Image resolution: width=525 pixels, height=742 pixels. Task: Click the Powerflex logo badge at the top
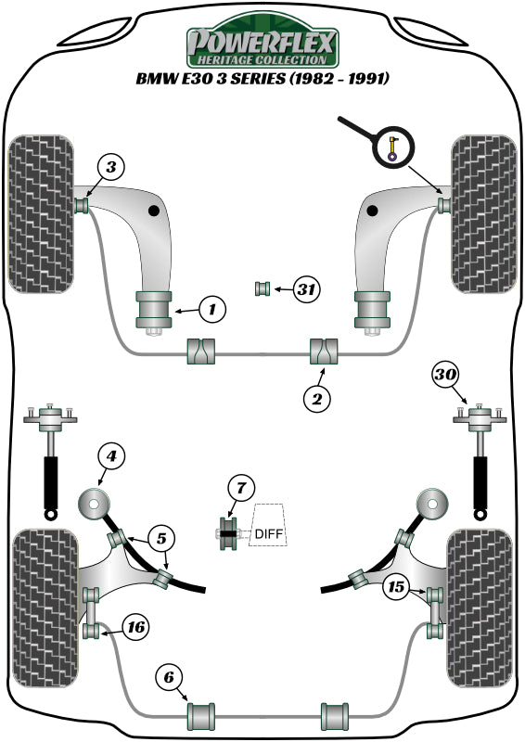pos(262,42)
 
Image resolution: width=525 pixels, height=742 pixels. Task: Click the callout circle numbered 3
pos(110,168)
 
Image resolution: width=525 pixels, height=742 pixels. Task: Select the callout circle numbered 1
pos(211,307)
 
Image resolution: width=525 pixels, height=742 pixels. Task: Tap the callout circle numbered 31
pos(305,290)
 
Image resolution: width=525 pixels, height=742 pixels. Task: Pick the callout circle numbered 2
pos(316,399)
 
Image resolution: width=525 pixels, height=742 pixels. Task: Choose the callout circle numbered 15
pos(396,585)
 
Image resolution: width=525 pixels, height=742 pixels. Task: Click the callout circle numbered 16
pos(134,628)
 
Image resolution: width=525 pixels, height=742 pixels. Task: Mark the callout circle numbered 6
pos(171,678)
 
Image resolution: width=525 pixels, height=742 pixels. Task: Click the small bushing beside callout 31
pos(262,289)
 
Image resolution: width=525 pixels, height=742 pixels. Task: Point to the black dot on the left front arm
pos(153,212)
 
